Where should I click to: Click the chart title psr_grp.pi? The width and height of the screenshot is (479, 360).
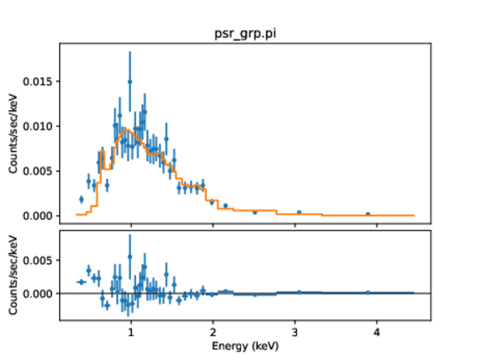click(x=245, y=33)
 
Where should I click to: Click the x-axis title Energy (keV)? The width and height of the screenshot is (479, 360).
click(x=245, y=346)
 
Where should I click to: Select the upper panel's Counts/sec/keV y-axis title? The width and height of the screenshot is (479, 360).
click(x=13, y=134)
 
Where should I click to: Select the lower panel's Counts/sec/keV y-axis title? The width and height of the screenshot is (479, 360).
click(x=13, y=275)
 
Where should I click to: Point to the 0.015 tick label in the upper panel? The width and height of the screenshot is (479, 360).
click(x=38, y=82)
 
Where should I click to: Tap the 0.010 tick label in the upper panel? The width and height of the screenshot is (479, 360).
click(x=38, y=126)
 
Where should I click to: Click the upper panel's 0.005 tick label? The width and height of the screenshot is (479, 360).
click(x=38, y=171)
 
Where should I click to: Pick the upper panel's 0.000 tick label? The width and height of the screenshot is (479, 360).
click(x=38, y=215)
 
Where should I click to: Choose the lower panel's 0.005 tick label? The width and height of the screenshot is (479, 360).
click(x=38, y=261)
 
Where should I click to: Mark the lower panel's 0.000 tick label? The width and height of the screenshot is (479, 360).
click(x=38, y=294)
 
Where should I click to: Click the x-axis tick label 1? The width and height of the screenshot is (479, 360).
click(x=131, y=332)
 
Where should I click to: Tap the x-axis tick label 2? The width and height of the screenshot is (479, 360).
click(x=213, y=332)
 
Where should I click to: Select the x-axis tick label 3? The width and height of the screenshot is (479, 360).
click(x=295, y=332)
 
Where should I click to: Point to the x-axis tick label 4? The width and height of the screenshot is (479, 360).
click(x=376, y=332)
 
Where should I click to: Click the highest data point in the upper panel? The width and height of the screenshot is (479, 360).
click(x=130, y=82)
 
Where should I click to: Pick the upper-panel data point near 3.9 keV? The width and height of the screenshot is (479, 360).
click(x=368, y=215)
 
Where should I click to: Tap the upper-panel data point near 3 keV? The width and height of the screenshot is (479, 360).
click(x=299, y=212)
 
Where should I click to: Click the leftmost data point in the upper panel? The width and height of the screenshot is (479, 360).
click(x=81, y=200)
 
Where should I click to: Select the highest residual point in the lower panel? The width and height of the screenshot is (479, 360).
click(x=130, y=257)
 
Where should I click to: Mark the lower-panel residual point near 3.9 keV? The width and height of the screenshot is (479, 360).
click(x=368, y=292)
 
